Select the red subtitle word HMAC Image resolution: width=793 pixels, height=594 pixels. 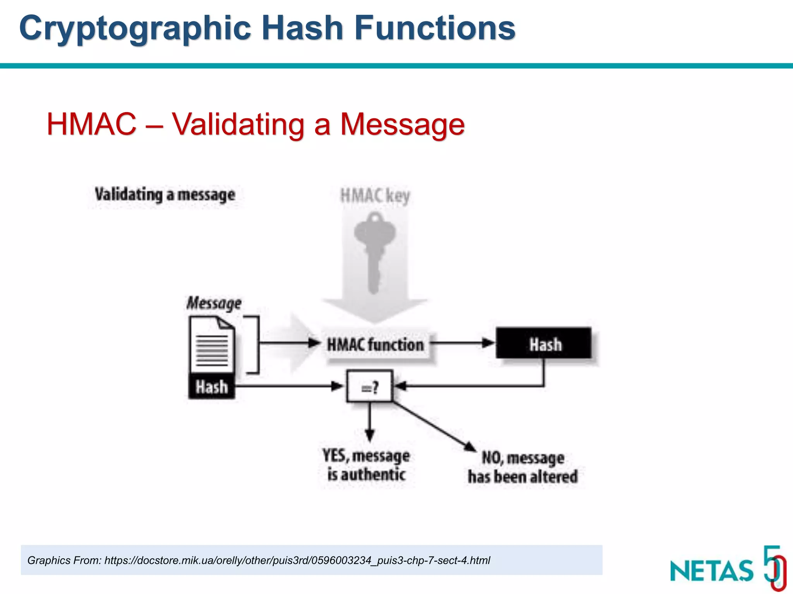click(91, 125)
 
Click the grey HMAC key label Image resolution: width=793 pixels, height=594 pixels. click(374, 196)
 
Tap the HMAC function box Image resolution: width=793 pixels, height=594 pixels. click(375, 345)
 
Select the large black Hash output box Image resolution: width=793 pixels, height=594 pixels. click(544, 343)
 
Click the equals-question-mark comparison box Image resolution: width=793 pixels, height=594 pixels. click(369, 386)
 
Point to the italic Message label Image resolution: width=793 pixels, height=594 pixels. click(214, 303)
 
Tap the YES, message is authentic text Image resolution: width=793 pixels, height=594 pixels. click(366, 465)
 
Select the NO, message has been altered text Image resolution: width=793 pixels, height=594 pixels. click(523, 467)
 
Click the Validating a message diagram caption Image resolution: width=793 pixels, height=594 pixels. click(165, 195)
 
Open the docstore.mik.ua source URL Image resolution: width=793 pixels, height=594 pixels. click(297, 560)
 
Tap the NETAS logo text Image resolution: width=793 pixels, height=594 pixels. click(712, 571)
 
